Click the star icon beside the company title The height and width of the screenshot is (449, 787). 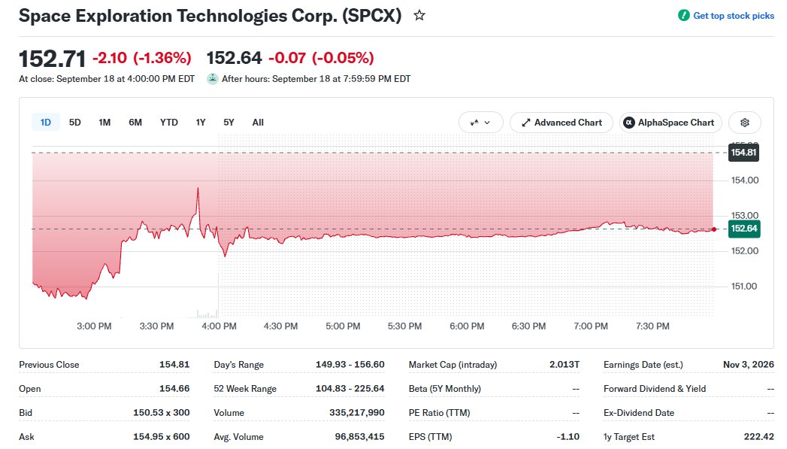[419, 16]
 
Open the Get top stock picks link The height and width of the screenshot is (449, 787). [734, 16]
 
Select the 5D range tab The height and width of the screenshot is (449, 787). [74, 123]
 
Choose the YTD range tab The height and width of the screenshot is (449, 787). [168, 123]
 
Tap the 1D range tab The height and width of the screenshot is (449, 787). [46, 123]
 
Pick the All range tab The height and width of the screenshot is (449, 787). [258, 123]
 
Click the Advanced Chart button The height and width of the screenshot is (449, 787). [561, 123]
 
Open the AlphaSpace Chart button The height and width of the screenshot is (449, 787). [670, 123]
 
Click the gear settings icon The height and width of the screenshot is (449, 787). [745, 123]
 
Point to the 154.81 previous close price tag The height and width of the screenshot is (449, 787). [743, 152]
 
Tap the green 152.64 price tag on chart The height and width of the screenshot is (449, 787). [744, 229]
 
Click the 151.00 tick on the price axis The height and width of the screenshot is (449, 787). [745, 287]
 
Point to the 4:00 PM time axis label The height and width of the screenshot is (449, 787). [219, 326]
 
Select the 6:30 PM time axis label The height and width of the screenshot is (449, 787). [528, 326]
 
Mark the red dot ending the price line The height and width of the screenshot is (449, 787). [714, 229]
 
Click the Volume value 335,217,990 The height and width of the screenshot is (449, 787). [357, 413]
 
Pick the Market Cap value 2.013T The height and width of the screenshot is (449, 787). [565, 365]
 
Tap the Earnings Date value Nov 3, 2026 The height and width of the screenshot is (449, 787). [749, 365]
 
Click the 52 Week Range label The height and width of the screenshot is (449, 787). [245, 389]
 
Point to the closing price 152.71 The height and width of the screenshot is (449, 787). [52, 59]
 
